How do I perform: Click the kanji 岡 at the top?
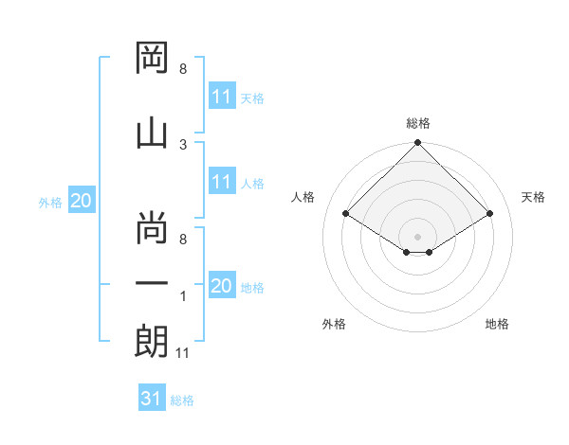pos(152,58)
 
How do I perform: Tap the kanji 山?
pos(152,134)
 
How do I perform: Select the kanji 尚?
pos(152,227)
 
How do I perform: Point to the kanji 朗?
pos(152,341)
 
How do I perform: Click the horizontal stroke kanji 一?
pos(152,283)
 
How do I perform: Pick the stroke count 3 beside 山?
pos(183,145)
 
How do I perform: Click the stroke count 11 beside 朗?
pos(182,353)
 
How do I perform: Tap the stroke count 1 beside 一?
pos(183,296)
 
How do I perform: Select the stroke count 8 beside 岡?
pos(183,69)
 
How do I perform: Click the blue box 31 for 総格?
pos(152,397)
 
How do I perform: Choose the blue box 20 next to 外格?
pos(82,200)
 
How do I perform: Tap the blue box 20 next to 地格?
pos(223,284)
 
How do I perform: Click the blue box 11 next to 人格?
pos(223,181)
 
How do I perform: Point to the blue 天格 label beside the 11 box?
pos(252,98)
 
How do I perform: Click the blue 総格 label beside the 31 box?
pos(182,400)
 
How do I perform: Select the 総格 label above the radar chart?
pos(418,123)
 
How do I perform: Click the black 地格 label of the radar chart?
pos(497,324)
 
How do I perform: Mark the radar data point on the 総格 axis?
pos(417,142)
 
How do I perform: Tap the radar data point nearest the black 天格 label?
pos(489,213)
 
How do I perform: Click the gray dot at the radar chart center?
pos(417,237)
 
